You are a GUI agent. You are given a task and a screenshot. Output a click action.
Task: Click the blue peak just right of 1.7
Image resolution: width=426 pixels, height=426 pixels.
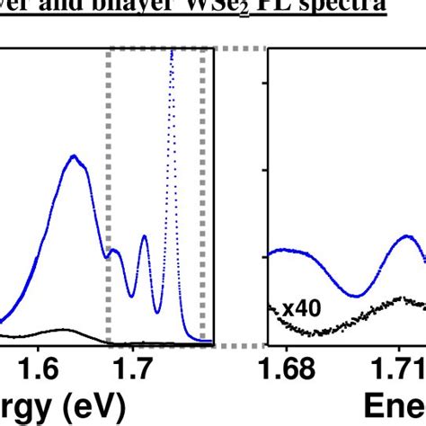coord(144,237)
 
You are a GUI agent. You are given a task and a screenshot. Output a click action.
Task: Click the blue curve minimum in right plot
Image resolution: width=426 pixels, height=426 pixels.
coord(358,295)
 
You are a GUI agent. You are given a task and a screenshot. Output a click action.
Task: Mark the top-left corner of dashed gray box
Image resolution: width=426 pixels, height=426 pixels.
coord(109,52)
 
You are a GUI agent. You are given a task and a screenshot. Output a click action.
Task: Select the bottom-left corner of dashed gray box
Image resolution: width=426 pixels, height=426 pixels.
coord(109,344)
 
